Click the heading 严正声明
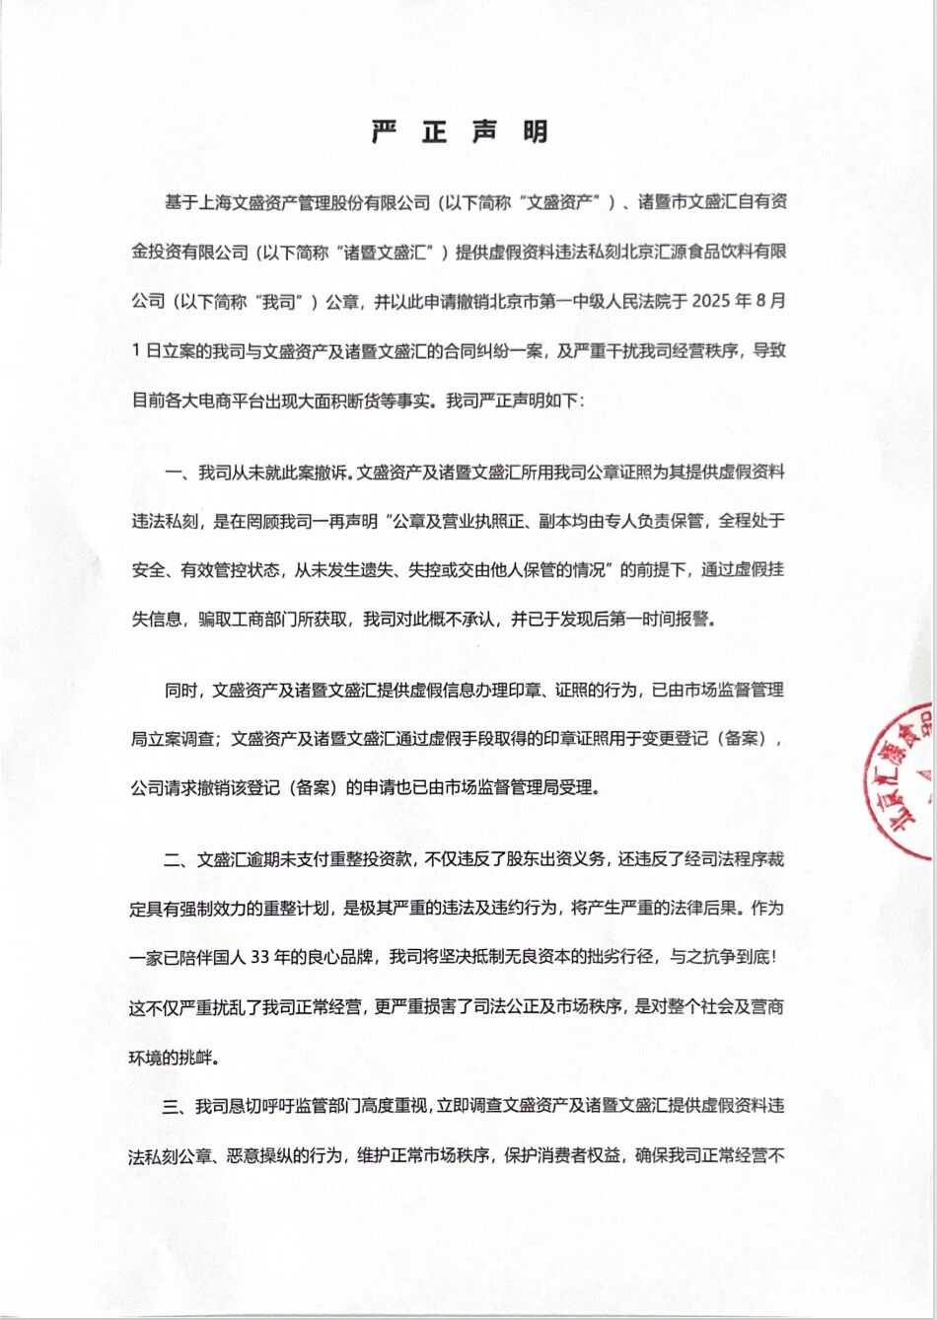[460, 133]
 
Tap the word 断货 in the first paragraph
[348, 402]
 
